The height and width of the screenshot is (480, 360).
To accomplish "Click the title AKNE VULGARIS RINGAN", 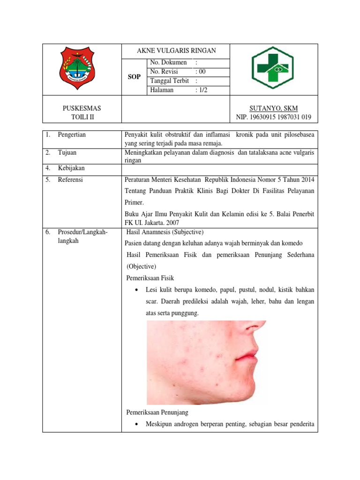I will tap(176, 51).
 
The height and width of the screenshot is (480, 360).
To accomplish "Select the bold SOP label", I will tap(134, 77).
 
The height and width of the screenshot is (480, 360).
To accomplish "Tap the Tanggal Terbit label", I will tap(169, 81).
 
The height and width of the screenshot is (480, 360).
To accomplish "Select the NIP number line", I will tap(274, 117).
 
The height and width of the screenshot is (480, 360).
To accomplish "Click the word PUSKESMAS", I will tap(82, 108).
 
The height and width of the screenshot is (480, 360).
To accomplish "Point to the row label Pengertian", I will tap(72, 135).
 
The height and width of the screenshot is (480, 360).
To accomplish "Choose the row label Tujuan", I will tap(67, 152).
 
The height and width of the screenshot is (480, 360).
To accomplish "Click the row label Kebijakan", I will tap(71, 168).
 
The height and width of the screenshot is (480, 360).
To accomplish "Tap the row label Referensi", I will tap(70, 180).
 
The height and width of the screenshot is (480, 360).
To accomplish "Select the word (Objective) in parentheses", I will tap(142, 266).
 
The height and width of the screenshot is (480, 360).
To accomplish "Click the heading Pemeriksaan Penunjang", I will tap(157, 412).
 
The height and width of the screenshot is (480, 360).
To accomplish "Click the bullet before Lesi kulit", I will tap(136, 290).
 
